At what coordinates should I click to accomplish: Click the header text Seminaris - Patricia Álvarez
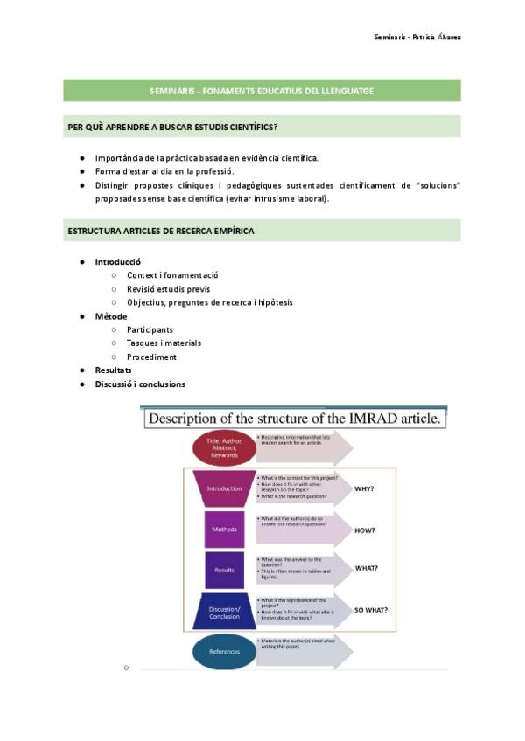(417, 37)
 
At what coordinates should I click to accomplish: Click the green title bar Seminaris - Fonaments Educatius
(262, 90)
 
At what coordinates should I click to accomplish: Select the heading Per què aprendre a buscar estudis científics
(172, 127)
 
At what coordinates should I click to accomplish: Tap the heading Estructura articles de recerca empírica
(161, 231)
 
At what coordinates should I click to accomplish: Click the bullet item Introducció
(117, 262)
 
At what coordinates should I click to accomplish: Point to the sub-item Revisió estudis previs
(168, 289)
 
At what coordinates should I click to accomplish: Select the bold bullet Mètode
(111, 316)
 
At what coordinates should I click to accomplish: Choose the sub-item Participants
(150, 329)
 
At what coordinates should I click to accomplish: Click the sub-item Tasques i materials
(164, 343)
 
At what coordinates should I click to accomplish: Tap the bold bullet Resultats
(113, 370)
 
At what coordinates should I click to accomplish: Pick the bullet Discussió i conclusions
(140, 384)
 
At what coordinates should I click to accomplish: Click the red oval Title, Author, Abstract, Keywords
(224, 448)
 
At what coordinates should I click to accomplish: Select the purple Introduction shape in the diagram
(224, 488)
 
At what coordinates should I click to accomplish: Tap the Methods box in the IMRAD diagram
(224, 530)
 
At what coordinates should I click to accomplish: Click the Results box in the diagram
(224, 570)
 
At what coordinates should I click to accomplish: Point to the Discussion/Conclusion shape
(224, 610)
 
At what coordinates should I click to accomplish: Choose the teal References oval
(224, 652)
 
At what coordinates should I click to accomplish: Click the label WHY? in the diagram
(365, 488)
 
